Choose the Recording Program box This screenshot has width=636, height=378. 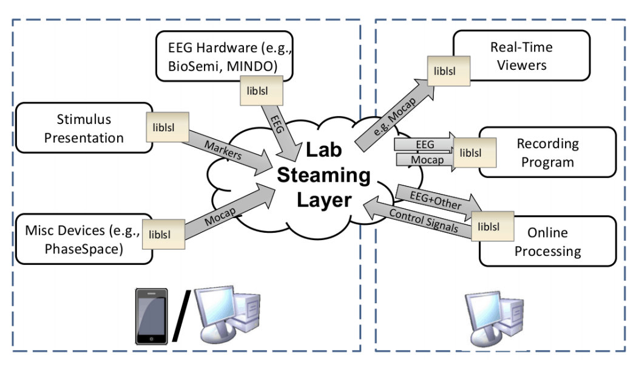point(546,153)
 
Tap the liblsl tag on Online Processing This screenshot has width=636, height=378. point(492,227)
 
